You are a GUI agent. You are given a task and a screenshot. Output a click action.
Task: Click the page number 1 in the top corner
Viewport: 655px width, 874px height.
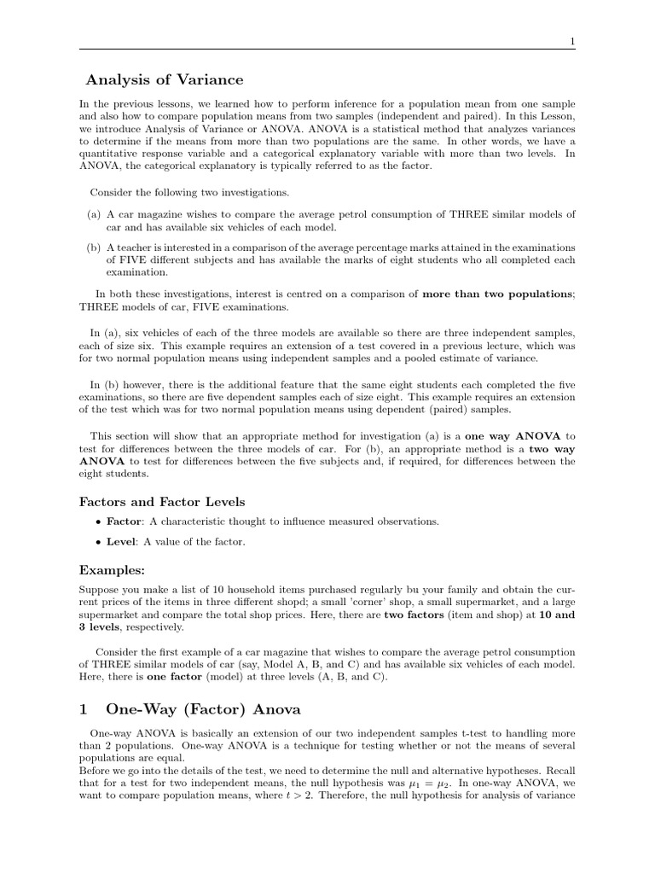(572, 40)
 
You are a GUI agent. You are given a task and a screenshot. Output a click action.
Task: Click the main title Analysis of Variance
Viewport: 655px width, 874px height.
(165, 80)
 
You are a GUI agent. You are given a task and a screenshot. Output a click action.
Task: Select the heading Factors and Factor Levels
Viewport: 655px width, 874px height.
(162, 502)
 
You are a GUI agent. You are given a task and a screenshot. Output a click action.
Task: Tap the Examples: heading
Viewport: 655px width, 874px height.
(112, 569)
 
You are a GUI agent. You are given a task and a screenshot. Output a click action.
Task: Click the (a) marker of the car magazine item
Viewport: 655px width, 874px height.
(94, 214)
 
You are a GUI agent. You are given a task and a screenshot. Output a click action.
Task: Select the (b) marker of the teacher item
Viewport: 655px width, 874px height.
(94, 248)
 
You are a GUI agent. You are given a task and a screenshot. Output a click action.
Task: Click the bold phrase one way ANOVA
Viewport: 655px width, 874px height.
(513, 434)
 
